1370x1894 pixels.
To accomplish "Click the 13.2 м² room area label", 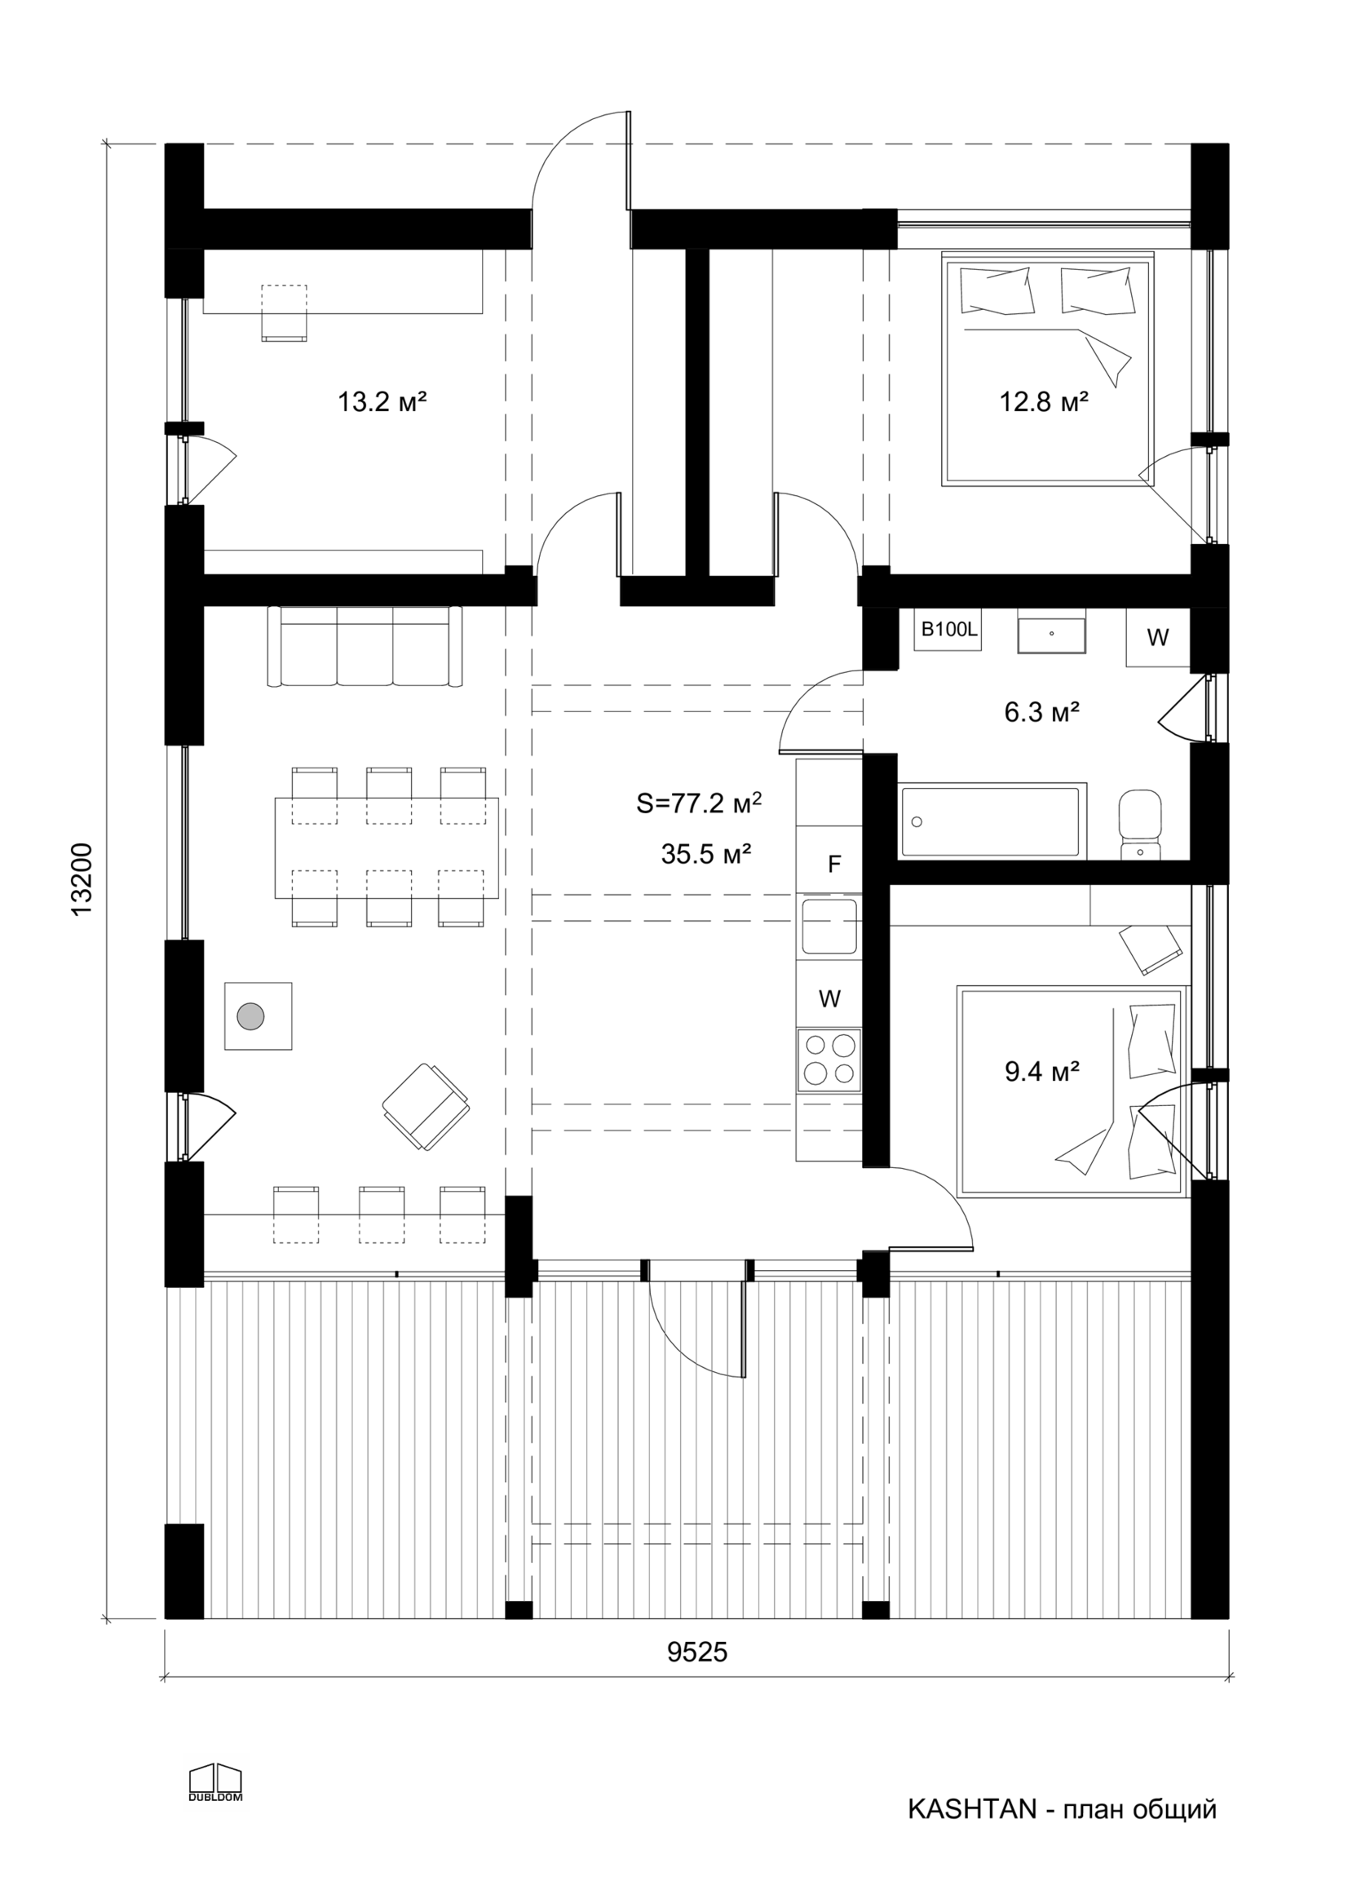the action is click(382, 401).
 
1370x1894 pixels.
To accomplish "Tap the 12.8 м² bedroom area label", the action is click(1044, 401).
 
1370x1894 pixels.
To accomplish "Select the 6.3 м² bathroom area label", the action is click(1042, 712).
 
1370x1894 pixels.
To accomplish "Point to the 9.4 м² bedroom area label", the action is click(1042, 1072).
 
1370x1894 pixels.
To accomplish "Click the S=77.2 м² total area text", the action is click(699, 803).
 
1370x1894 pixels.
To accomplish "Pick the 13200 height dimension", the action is click(82, 879).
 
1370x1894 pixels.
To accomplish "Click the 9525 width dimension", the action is click(697, 1652).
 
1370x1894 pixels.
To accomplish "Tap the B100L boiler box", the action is click(949, 630).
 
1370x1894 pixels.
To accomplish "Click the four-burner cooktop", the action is click(830, 1060).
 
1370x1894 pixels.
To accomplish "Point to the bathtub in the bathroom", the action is click(992, 820).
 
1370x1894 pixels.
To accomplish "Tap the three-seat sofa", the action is click(365, 646).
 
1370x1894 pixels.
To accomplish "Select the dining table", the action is click(387, 847).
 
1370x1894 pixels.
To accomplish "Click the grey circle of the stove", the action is click(250, 1016).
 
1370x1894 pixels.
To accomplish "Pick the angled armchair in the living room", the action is click(426, 1107).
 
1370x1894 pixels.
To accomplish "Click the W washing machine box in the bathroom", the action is click(1158, 638).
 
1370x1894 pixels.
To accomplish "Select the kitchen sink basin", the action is click(829, 926).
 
